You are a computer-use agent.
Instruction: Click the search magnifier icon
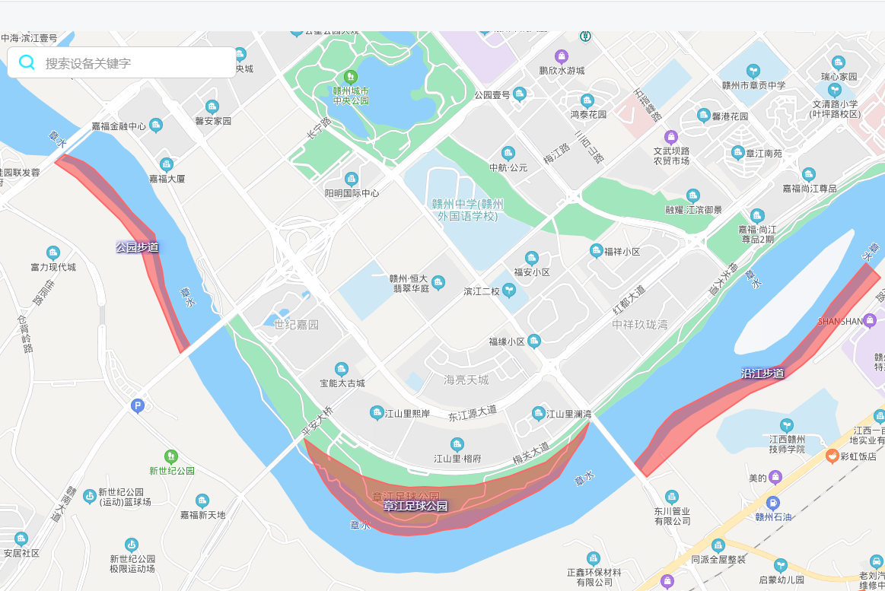27,62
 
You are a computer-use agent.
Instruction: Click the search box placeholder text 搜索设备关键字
88,63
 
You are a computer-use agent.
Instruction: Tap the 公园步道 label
137,247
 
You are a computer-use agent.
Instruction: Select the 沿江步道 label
762,373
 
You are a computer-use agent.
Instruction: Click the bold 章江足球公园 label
415,506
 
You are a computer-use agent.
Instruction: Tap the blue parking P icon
138,406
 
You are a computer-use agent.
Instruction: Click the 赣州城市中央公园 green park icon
351,76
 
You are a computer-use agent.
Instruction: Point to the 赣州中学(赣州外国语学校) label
467,210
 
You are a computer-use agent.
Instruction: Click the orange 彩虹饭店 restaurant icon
832,456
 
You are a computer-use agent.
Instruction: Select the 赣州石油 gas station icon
773,503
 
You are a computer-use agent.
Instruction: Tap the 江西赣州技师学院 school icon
787,424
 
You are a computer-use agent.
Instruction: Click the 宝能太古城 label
342,383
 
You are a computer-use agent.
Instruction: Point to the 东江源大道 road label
472,414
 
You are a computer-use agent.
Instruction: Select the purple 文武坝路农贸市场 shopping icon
670,137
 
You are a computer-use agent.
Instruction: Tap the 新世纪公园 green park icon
171,456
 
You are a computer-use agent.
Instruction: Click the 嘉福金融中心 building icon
156,126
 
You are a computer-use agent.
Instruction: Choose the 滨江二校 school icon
508,291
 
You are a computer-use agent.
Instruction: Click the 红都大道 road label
629,303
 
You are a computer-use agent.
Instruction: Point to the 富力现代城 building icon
53,253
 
